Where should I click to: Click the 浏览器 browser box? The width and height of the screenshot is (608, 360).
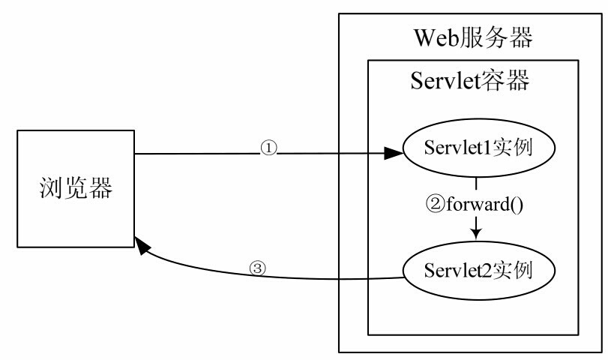tap(76, 189)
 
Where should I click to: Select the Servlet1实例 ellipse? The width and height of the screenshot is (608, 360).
tap(477, 146)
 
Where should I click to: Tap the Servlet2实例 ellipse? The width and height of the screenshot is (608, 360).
tap(477, 268)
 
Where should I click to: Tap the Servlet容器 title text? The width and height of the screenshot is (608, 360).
tap(471, 80)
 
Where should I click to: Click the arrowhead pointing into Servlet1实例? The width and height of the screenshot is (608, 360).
tap(393, 154)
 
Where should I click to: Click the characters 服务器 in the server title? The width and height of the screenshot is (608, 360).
tap(496, 36)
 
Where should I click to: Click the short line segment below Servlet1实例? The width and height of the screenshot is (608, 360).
tap(477, 183)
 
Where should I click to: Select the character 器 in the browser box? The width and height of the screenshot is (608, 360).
tap(100, 189)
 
